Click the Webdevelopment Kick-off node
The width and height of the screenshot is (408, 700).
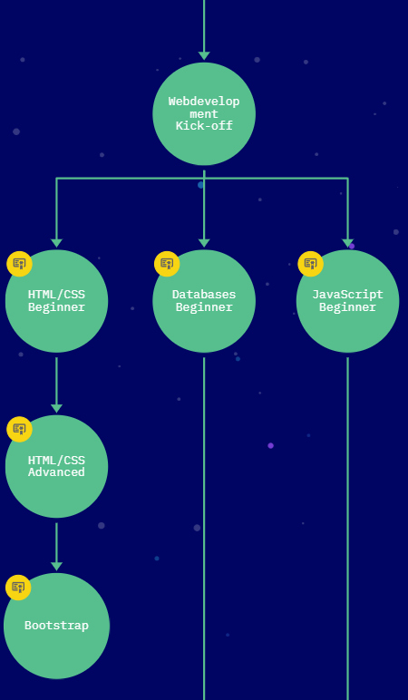tap(204, 114)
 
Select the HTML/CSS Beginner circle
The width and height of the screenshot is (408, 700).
tap(57, 301)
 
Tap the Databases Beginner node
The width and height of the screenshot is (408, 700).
tap(204, 301)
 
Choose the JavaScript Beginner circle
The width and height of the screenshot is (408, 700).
tap(348, 301)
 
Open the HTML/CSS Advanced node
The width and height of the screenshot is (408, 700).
tap(57, 467)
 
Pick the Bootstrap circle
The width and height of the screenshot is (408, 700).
tap(57, 626)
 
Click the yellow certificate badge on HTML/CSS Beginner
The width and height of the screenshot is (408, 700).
tap(19, 264)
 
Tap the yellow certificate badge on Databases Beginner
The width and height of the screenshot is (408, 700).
tap(167, 264)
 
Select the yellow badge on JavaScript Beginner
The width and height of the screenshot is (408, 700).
tap(311, 264)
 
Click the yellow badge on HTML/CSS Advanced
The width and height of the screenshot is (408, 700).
tap(19, 430)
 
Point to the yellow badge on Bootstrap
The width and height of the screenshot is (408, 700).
tap(18, 588)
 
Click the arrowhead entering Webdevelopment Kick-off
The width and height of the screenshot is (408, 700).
tap(204, 56)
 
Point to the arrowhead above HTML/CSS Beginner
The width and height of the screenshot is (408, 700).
tap(57, 243)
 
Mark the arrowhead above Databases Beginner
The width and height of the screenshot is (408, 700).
tap(204, 243)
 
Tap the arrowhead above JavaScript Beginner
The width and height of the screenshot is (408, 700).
tap(348, 243)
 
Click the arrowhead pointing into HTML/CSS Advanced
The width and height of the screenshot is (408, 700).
tap(57, 408)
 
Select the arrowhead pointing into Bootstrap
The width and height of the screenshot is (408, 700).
tap(57, 567)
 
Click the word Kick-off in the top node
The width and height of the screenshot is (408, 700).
tap(204, 126)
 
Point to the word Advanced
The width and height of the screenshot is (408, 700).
tap(57, 472)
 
